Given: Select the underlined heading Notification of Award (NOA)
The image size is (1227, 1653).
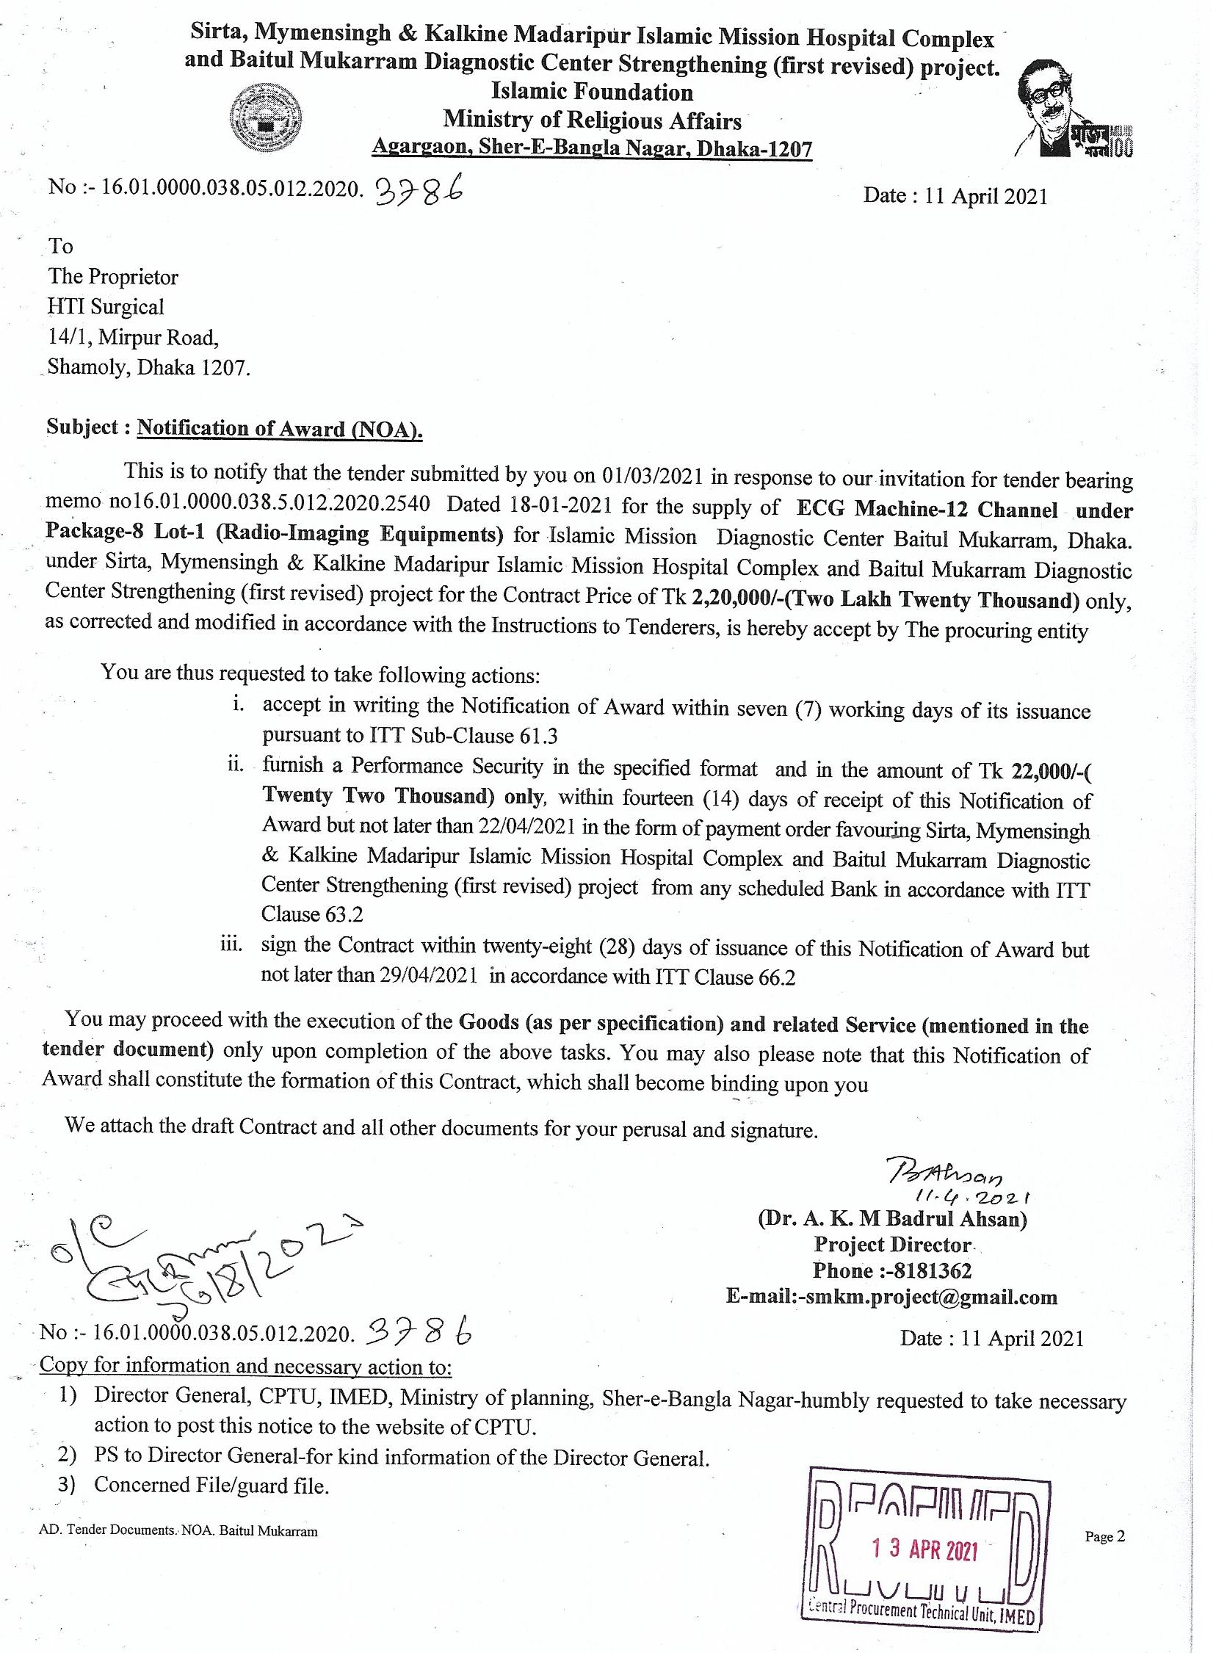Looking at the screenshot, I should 280,428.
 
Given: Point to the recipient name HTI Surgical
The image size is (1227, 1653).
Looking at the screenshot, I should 106,307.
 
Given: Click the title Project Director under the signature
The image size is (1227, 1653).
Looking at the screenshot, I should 892,1245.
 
